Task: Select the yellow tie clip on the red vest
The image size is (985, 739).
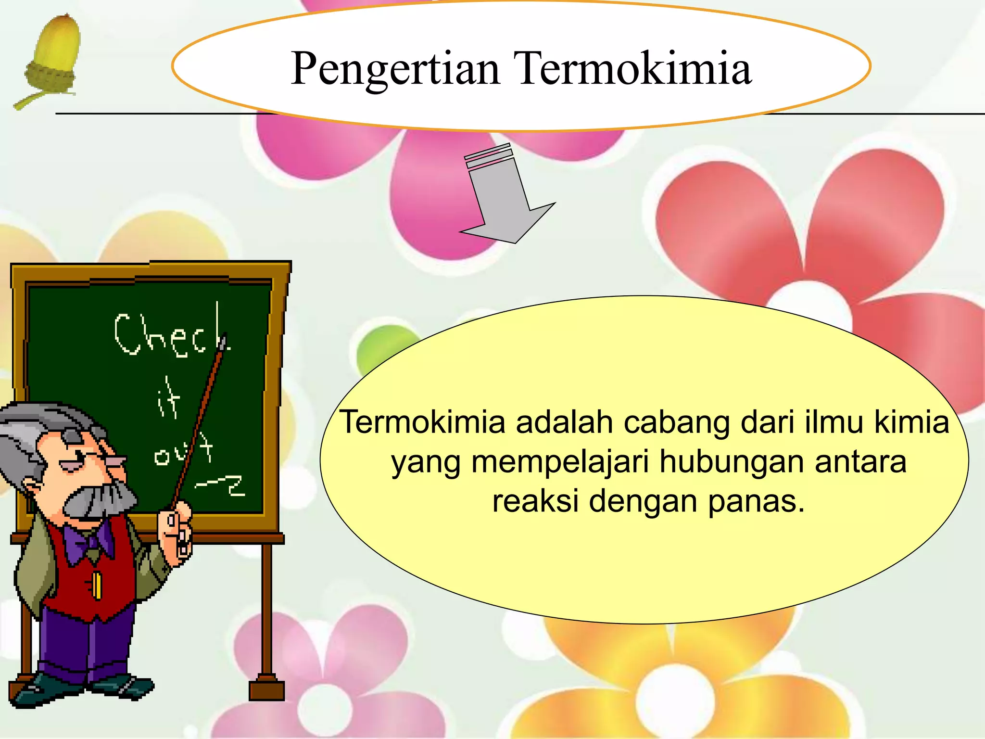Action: click(x=97, y=585)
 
